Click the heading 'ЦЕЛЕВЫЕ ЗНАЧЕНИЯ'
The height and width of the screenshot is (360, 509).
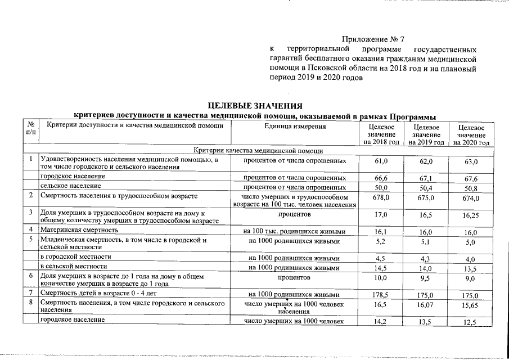click(x=255, y=106)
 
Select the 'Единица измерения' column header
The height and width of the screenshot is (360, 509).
click(x=295, y=126)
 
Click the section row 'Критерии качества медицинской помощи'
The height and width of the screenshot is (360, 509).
click(x=258, y=151)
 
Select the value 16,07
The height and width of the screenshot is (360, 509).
click(x=426, y=305)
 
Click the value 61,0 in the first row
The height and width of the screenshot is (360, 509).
click(x=381, y=161)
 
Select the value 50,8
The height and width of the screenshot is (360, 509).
click(x=471, y=188)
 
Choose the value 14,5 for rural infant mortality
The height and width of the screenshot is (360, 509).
click(x=381, y=268)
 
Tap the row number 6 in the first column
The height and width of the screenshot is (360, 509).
click(x=30, y=277)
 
